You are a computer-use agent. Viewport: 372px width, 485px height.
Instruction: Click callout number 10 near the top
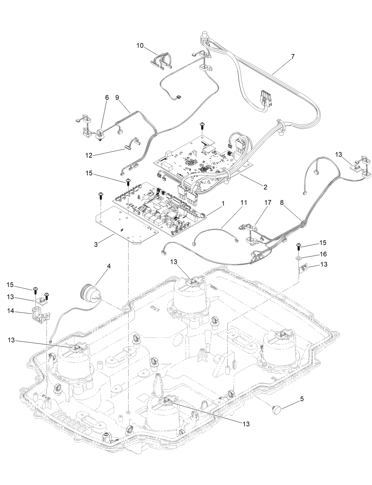coord(140,46)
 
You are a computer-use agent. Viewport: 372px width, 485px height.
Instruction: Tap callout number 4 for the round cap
coord(109,266)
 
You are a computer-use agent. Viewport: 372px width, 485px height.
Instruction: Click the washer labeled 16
coord(299,258)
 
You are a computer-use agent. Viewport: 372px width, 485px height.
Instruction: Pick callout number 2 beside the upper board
coord(265,187)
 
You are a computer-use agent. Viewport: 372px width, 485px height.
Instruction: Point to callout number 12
coord(89,155)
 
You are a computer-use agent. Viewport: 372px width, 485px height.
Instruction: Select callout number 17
coord(268,203)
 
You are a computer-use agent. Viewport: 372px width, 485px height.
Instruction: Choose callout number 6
coord(107,97)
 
